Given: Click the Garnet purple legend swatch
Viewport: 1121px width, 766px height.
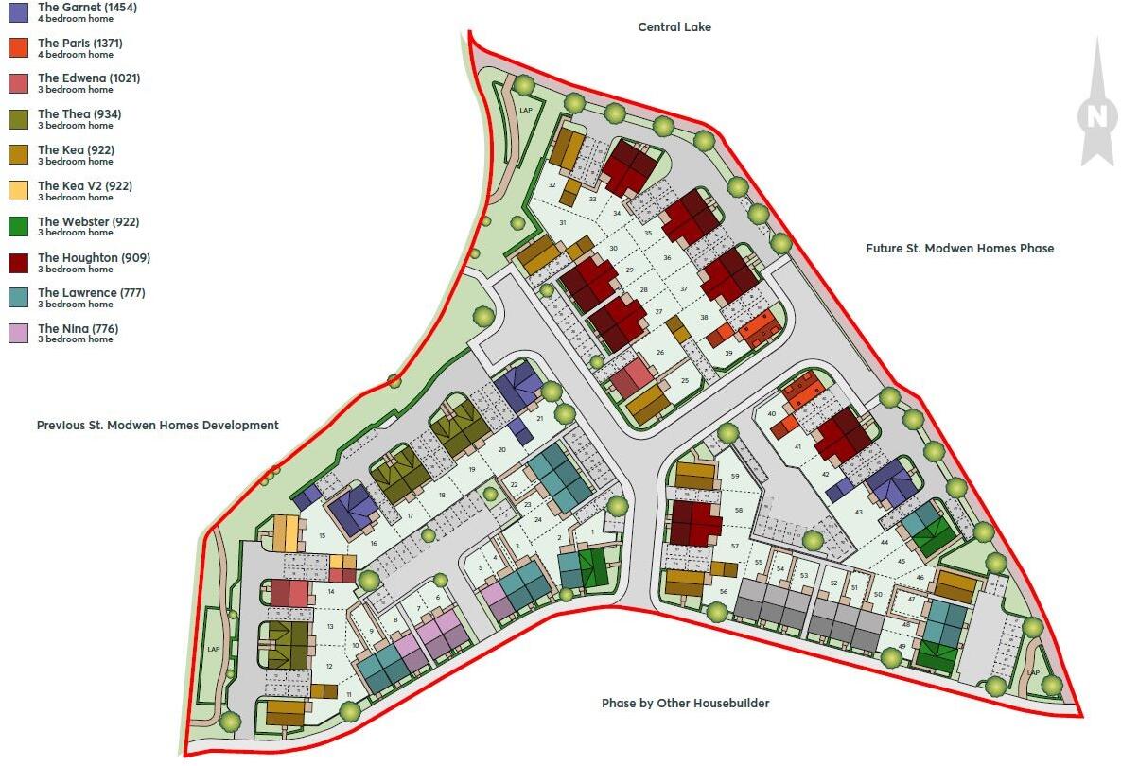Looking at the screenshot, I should (x=18, y=12).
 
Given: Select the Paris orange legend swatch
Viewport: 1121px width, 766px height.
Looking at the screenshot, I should (x=18, y=48).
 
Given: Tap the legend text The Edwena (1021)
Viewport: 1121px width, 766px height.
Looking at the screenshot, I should (x=89, y=78).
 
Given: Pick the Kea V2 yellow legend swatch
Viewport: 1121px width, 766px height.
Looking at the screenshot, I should (x=18, y=191).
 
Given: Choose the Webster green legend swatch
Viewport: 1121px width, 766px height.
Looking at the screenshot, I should (x=18, y=227).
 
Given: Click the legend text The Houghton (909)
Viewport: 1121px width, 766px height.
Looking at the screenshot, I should (x=94, y=258).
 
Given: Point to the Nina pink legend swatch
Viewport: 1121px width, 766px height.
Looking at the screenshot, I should (x=18, y=334).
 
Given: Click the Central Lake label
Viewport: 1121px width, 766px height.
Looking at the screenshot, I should (x=674, y=27).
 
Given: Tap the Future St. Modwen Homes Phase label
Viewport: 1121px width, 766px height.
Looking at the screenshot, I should (x=959, y=249).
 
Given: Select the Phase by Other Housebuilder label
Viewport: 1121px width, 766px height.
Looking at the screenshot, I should (x=685, y=704).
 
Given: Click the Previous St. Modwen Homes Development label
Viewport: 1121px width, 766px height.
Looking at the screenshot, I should (x=158, y=426).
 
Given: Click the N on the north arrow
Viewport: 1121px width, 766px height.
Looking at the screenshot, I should (x=1096, y=116).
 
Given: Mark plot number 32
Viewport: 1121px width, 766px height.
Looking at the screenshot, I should (x=552, y=185).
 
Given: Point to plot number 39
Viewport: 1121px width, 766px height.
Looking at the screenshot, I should (x=728, y=353).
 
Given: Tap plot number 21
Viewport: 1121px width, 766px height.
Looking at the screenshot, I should (x=539, y=417).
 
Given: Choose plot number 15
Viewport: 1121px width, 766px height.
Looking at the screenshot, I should (x=323, y=536).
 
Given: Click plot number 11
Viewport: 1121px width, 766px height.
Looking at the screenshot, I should (x=349, y=695).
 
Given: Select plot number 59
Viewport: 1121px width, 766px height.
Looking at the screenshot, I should (x=735, y=477).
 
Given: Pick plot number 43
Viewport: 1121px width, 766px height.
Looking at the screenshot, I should (x=858, y=512).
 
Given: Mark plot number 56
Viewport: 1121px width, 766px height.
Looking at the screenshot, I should (x=723, y=592).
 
